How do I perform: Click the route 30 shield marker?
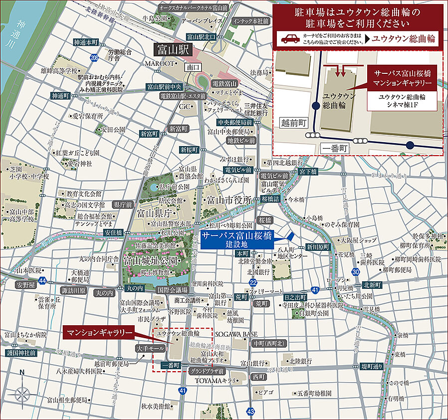point(355,272)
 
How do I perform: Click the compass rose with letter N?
point(22,394)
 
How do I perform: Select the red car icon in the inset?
point(290,39)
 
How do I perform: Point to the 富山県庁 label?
point(155,214)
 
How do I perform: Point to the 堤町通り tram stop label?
point(373,366)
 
